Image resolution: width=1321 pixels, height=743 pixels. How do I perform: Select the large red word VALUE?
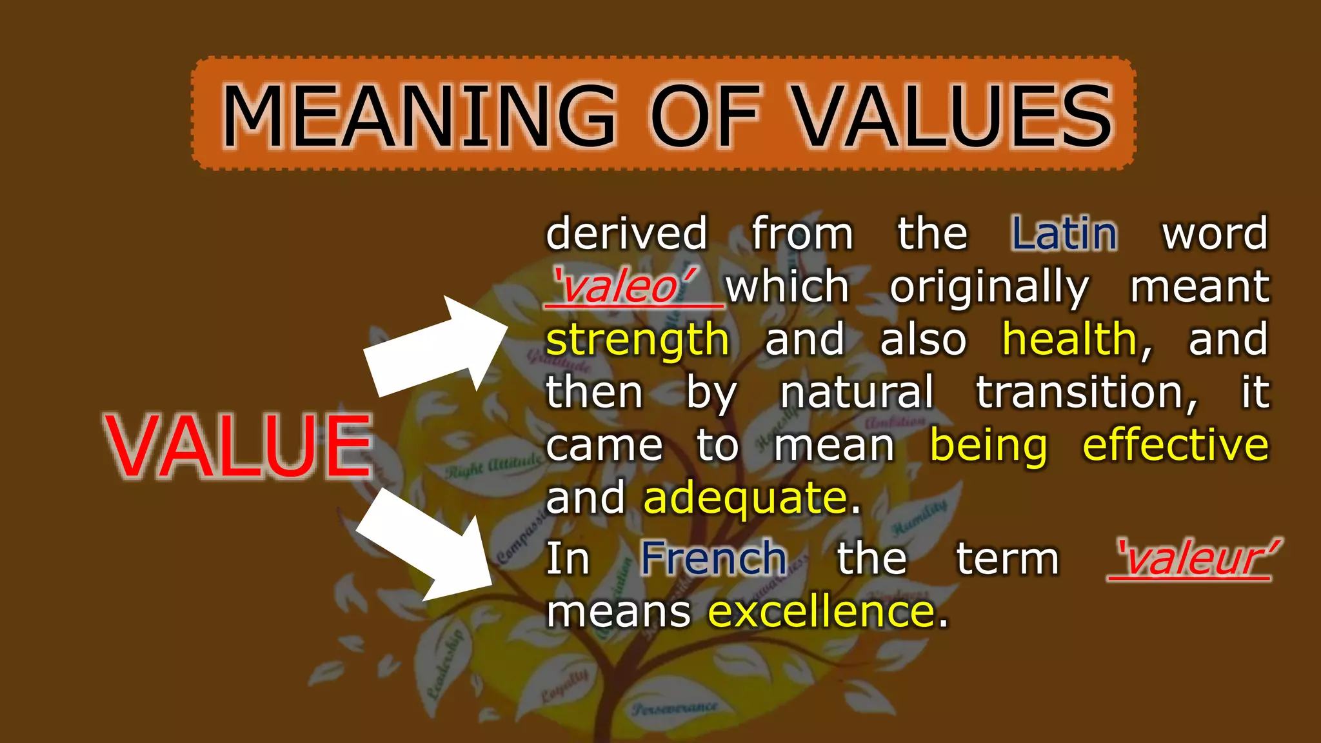[x=239, y=446]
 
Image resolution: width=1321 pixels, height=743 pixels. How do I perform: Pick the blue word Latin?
[x=1064, y=233]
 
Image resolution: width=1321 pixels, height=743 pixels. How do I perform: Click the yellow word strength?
[x=637, y=340]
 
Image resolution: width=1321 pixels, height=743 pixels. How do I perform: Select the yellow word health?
[x=1069, y=339]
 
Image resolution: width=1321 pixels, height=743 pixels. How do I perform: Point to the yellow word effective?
[x=1175, y=445]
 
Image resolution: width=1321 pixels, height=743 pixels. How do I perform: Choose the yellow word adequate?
[x=745, y=499]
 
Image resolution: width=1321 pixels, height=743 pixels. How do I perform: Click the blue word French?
[x=713, y=558]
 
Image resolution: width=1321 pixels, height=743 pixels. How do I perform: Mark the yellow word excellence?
[x=821, y=611]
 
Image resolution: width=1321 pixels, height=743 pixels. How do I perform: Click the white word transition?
[x=1086, y=392]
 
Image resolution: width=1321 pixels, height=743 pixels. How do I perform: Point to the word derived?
[x=626, y=233]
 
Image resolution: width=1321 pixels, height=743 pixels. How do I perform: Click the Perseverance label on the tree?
[x=675, y=708]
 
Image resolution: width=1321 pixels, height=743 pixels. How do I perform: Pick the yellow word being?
[x=988, y=445]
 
